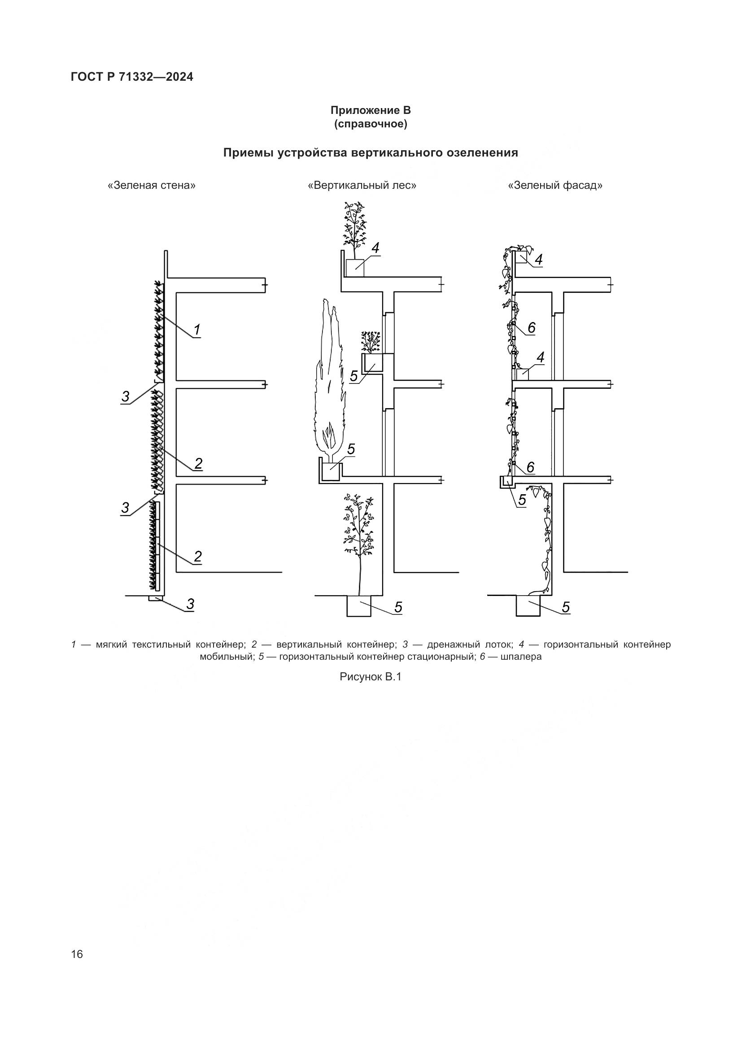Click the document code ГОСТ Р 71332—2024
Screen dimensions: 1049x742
[132, 77]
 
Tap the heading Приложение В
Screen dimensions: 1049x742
[371, 110]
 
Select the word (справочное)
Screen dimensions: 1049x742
[371, 124]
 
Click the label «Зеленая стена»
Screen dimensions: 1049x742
[151, 186]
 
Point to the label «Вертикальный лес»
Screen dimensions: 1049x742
[362, 186]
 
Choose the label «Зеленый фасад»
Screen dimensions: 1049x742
[555, 186]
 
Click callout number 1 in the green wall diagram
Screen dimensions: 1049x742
[197, 330]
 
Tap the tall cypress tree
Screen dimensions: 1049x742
[331, 384]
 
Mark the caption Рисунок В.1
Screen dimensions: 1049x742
[370, 677]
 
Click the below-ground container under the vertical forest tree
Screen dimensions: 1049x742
[359, 606]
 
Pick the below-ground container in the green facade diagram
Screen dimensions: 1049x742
[528, 606]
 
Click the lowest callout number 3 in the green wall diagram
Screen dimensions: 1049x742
[190, 604]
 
